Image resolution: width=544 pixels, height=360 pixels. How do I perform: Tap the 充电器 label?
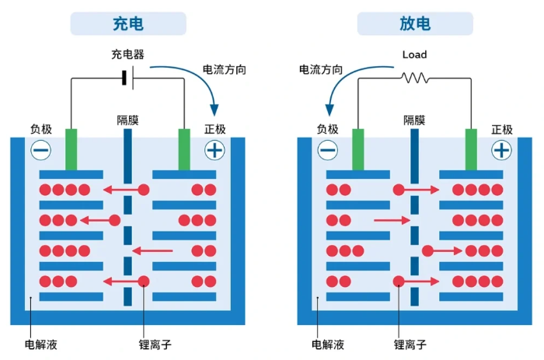[128, 55]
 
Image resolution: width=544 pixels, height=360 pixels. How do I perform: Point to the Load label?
[414, 55]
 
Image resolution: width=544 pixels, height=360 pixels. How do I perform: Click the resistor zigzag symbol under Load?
[414, 78]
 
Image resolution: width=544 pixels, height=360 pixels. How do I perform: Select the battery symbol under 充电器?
[127, 78]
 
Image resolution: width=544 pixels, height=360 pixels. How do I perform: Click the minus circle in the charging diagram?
[41, 150]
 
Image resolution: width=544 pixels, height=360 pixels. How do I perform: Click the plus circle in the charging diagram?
[214, 150]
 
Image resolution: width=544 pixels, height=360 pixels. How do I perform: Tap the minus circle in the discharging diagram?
[328, 150]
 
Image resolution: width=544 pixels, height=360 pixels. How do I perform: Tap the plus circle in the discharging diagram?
[501, 150]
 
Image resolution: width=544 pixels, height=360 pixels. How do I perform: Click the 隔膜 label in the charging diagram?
[128, 120]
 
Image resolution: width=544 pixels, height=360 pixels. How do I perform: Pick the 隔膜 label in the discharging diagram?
[414, 120]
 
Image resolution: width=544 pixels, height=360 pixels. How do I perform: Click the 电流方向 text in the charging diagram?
[225, 69]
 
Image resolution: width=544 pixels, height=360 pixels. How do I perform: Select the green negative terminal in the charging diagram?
[72, 149]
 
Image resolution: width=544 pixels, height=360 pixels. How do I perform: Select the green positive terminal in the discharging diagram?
[471, 149]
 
